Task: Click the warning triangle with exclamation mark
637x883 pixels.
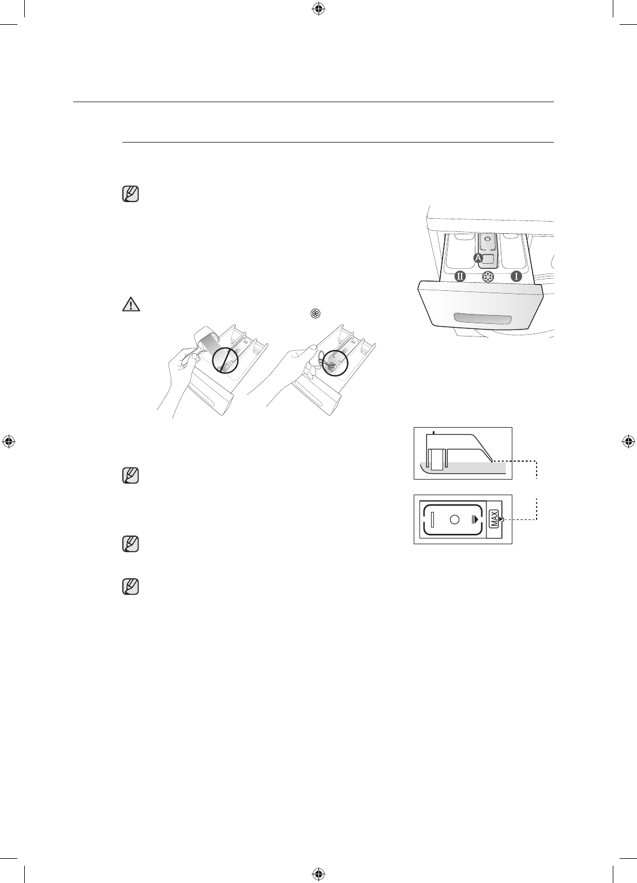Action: (132, 304)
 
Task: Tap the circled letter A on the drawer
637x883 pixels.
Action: (478, 258)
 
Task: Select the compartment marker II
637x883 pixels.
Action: (460, 276)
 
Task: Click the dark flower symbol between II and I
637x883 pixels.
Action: (488, 277)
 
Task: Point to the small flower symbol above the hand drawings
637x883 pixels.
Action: (315, 314)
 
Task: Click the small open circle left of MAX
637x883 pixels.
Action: (454, 519)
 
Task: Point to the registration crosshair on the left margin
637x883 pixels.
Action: (8, 442)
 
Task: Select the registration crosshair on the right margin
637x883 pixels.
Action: (629, 442)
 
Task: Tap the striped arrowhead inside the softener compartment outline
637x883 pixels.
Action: (475, 519)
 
